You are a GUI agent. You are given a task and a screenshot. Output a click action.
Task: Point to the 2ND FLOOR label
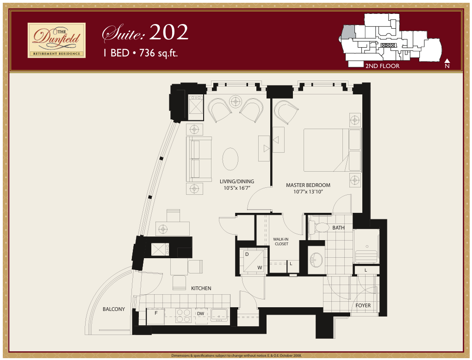pyautogui.click(x=382, y=66)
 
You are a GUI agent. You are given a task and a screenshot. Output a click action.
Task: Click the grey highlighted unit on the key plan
pyautogui.click(x=348, y=32)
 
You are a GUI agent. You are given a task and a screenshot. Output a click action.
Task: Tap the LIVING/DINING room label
pyautogui.click(x=237, y=181)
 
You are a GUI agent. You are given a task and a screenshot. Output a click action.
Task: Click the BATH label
pyautogui.click(x=338, y=228)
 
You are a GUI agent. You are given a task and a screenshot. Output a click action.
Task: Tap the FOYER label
pyautogui.click(x=363, y=305)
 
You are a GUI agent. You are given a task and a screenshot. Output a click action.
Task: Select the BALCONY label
pyautogui.click(x=114, y=309)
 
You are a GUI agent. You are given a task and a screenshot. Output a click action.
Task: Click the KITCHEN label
pyautogui.click(x=201, y=288)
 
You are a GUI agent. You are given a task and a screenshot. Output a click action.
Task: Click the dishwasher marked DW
pyautogui.click(x=200, y=314)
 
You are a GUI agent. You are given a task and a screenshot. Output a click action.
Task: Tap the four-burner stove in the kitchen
pyautogui.click(x=184, y=316)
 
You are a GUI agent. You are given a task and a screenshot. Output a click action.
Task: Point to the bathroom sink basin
pyautogui.click(x=316, y=260)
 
